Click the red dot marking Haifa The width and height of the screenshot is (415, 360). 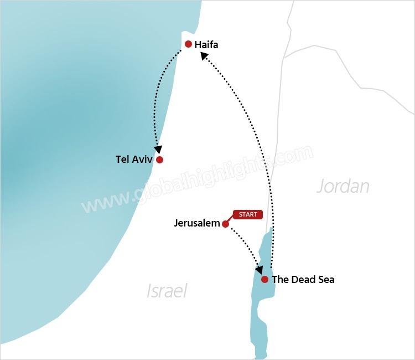(x=188, y=44)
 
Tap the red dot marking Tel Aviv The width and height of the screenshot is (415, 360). (x=159, y=160)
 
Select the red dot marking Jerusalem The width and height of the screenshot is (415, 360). (x=225, y=224)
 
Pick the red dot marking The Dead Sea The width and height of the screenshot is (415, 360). (x=265, y=279)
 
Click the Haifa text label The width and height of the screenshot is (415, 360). (x=206, y=45)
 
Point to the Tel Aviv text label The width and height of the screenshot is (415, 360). (x=134, y=160)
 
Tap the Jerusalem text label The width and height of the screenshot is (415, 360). (x=197, y=224)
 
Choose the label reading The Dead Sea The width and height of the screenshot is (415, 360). (x=303, y=280)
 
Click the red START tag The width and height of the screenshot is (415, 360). (x=248, y=214)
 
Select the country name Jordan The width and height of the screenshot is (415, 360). (x=343, y=186)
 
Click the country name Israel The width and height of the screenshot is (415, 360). (x=167, y=291)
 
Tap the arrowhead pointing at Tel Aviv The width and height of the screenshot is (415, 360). (x=159, y=150)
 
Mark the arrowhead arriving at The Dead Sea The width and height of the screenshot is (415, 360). (x=258, y=270)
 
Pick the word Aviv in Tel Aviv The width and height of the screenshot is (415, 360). (x=142, y=160)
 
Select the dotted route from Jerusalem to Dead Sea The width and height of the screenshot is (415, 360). (x=243, y=244)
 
